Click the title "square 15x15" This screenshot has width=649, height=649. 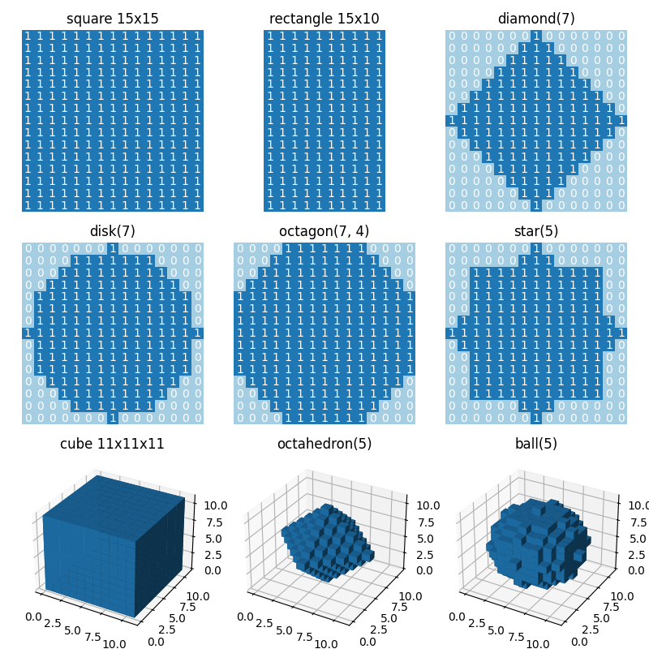tap(113, 19)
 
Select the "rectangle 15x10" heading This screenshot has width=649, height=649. tap(324, 19)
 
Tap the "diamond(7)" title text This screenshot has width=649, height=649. tap(536, 19)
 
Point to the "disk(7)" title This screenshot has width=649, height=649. tap(113, 231)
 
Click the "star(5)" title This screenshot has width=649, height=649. tap(536, 231)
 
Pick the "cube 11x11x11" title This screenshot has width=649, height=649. tap(113, 444)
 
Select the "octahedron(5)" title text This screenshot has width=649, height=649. tap(324, 444)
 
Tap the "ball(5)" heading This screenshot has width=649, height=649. tap(536, 444)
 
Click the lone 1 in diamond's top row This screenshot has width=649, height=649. tap(536, 37)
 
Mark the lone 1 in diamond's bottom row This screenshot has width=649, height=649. tap(536, 206)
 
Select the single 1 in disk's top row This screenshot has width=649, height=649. tap(113, 248)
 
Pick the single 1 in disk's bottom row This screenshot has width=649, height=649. tap(113, 419)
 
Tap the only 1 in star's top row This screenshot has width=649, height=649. tap(536, 248)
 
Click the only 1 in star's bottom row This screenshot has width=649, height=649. tap(536, 419)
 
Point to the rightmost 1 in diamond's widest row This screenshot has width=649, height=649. tap(621, 121)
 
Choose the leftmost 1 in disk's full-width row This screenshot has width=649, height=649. tap(28, 333)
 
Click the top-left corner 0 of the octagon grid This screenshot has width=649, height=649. tap(239, 248)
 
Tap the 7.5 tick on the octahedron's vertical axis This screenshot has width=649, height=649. tap(421, 522)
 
